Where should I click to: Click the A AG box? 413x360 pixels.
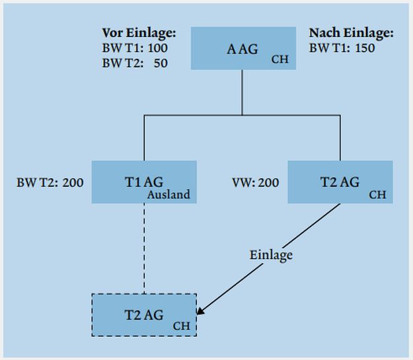242,48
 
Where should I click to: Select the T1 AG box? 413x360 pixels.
144,182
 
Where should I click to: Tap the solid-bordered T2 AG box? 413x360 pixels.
340,182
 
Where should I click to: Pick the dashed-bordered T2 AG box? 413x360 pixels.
144,314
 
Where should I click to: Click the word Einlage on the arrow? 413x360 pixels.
271,254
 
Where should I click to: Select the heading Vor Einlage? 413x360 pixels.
139,32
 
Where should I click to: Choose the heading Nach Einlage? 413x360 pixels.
351,32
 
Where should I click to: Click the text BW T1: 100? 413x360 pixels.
135,48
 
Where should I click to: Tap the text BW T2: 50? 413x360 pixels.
135,63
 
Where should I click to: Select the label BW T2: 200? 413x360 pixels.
50,182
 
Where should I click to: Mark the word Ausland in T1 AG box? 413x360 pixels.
169,194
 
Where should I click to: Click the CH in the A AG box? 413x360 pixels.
280,61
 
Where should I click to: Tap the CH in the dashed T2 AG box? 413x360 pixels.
181,326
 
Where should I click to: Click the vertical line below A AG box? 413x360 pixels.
242,92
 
